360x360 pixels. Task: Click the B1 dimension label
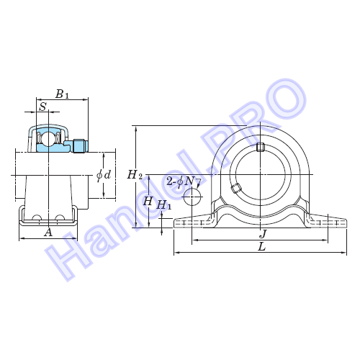62,94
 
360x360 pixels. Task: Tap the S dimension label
43,107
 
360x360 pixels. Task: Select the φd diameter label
104,175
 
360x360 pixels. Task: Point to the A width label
48,233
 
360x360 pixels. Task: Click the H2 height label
135,175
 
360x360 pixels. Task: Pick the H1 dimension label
164,205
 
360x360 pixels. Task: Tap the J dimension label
264,233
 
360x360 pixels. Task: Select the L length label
262,246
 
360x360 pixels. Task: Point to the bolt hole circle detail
192,197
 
